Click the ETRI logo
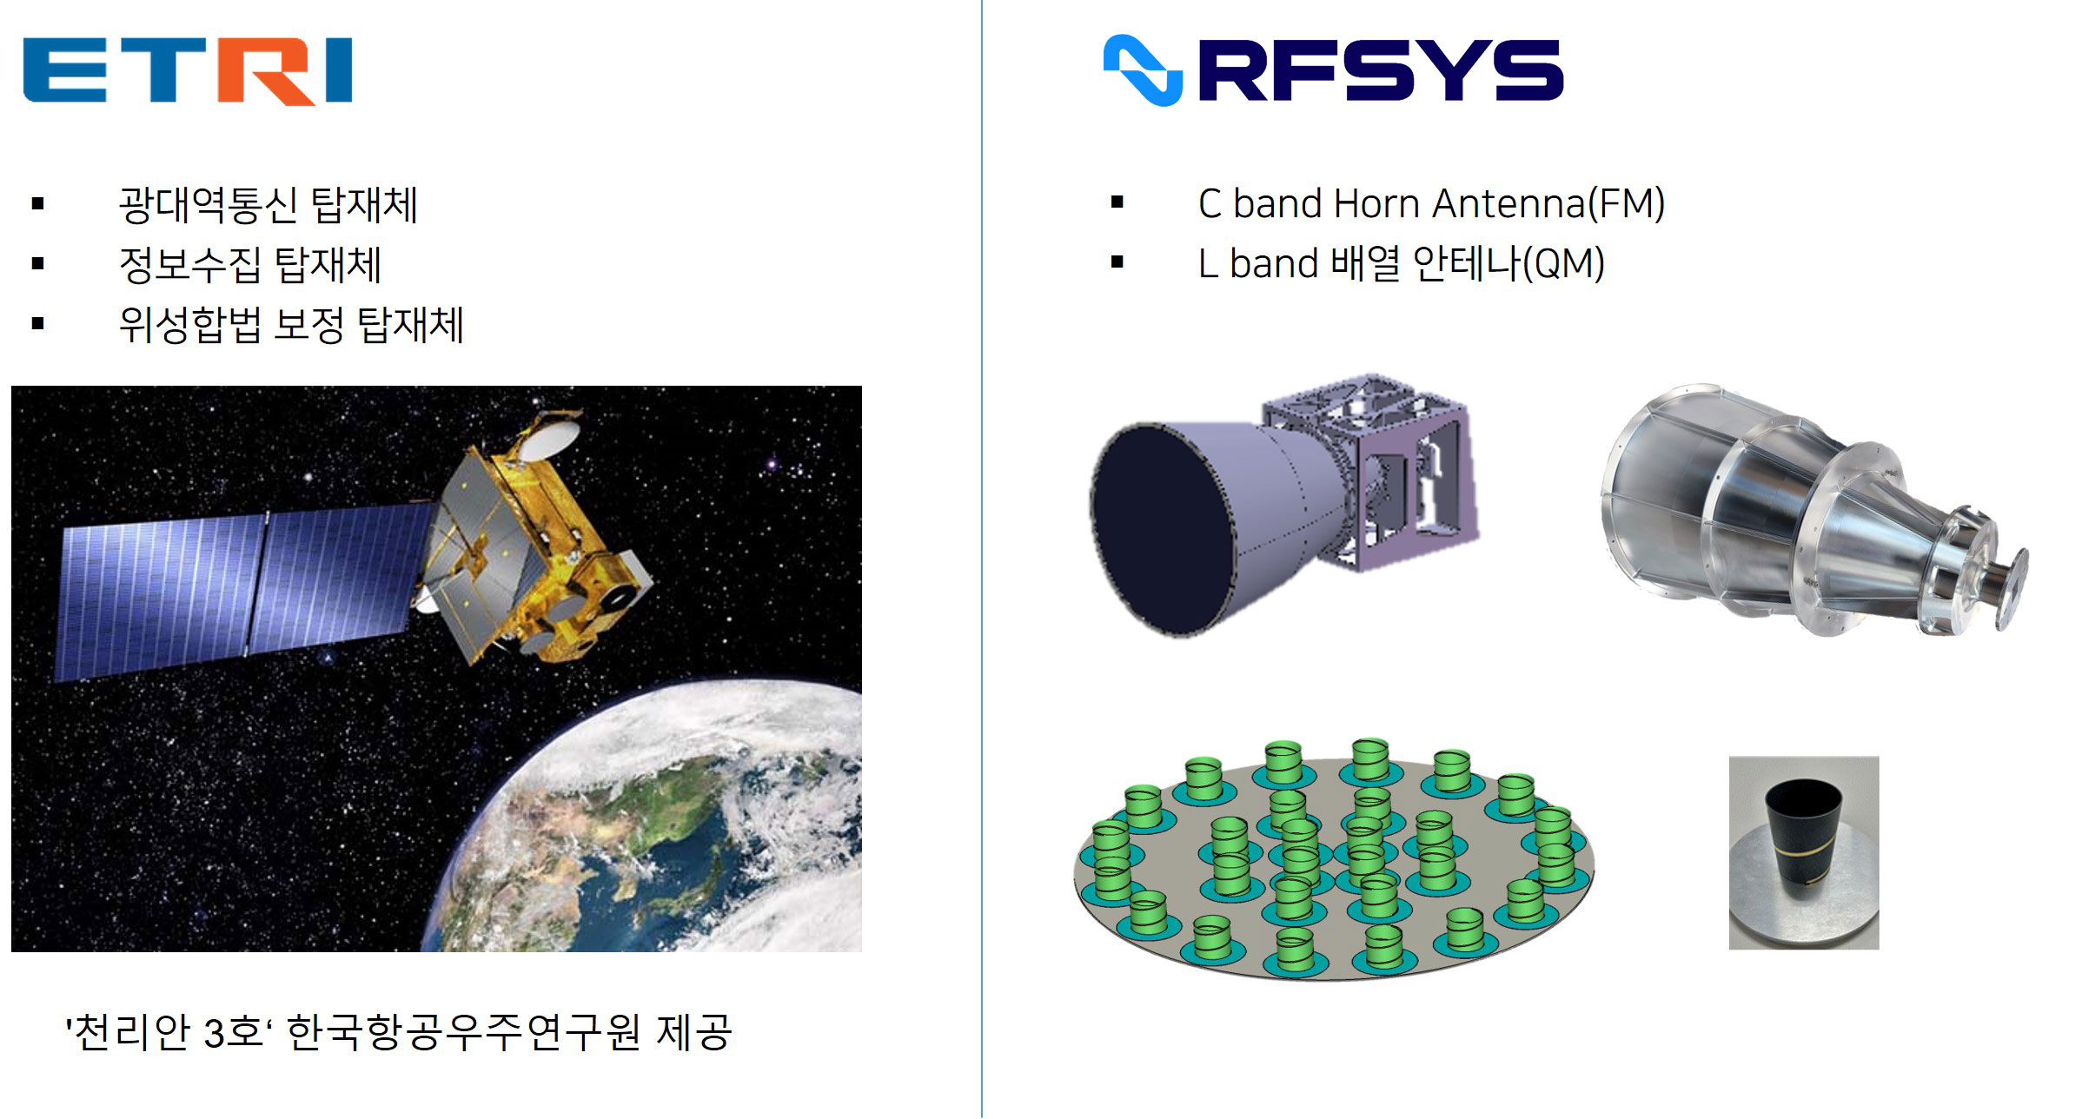187,70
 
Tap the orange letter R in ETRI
261,71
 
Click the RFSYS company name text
1381,70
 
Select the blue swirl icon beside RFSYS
1143,70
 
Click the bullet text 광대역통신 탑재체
269,205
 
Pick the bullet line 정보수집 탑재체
250,264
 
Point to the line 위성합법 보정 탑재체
291,325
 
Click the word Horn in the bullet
1378,204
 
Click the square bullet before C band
1117,203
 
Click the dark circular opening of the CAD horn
1160,528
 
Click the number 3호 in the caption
234,1032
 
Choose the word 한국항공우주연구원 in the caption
463,1032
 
